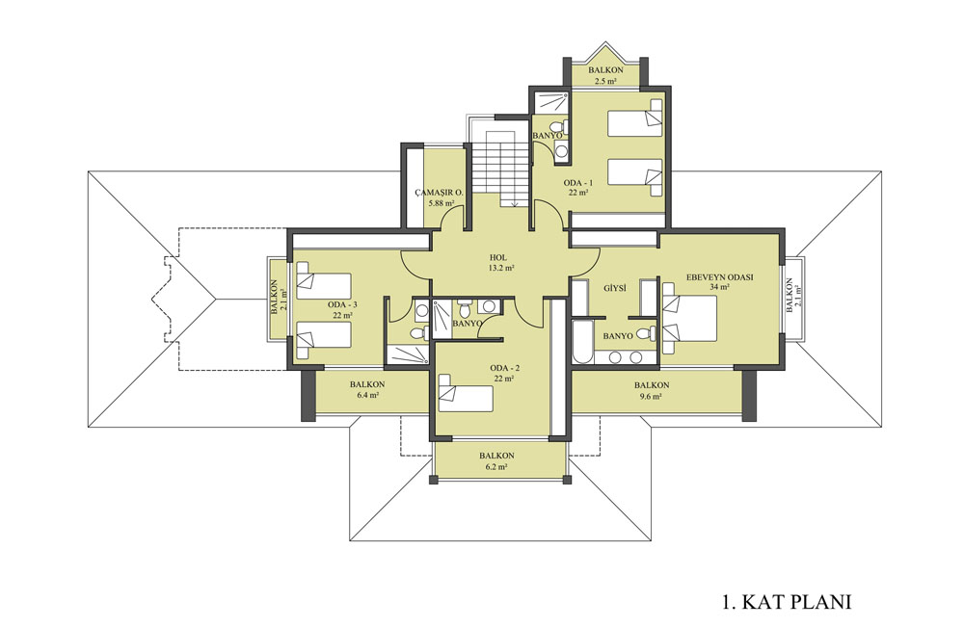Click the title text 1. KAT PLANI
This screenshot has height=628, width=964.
787,601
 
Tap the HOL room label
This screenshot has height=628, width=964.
498,257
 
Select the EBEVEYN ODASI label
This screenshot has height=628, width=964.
720,277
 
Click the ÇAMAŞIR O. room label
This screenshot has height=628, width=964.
439,193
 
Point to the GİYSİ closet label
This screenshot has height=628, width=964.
614,288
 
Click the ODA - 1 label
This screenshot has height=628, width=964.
578,182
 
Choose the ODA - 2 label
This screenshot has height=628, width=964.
505,368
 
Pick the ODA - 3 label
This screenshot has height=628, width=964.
342,304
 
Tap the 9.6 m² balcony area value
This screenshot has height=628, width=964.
652,396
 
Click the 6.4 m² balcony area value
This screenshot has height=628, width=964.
367,396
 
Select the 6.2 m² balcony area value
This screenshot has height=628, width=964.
496,467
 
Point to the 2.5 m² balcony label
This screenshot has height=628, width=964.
605,81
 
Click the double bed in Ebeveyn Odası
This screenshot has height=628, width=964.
689,318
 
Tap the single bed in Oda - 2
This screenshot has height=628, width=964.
466,393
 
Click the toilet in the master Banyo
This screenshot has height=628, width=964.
646,334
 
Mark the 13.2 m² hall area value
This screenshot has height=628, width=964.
501,268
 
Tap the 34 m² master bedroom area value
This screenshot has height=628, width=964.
719,287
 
